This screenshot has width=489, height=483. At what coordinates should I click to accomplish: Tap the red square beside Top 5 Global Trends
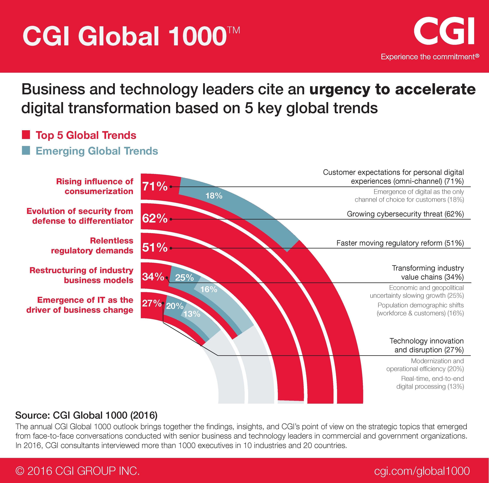[26, 135]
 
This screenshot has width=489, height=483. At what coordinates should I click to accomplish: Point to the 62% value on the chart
[155, 218]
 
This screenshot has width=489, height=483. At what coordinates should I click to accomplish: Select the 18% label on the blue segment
[214, 196]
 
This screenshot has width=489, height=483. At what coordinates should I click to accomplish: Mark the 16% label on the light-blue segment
[209, 289]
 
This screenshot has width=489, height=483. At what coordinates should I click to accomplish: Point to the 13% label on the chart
[192, 314]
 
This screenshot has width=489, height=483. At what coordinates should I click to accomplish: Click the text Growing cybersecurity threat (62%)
[405, 214]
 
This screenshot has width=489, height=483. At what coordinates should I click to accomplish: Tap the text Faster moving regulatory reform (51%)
[400, 243]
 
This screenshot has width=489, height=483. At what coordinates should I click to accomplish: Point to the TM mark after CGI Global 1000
[233, 30]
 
